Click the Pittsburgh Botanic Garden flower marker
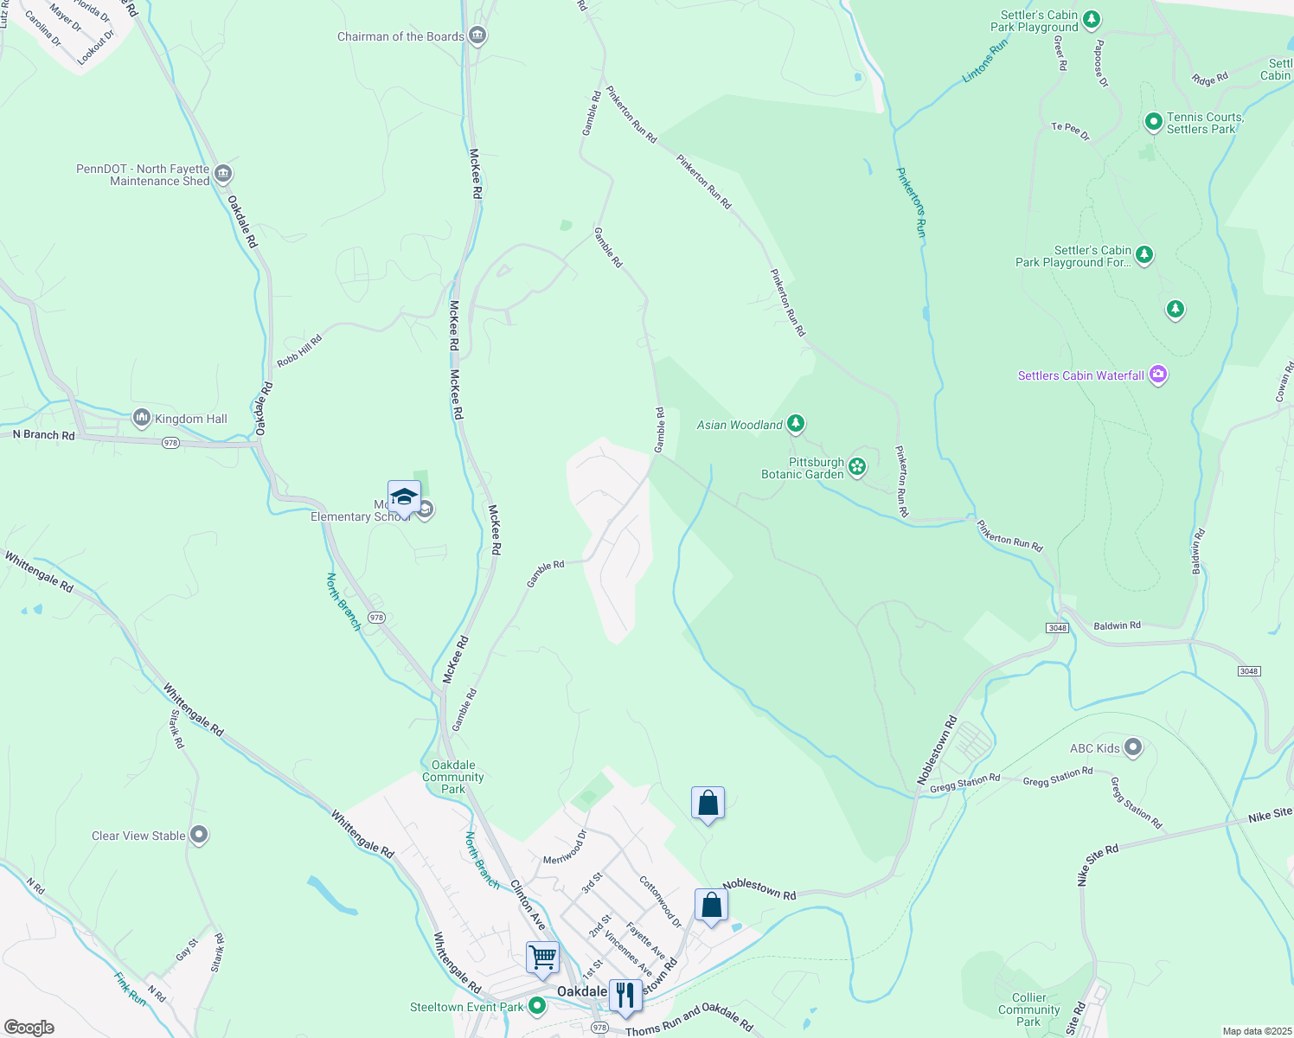pos(857,467)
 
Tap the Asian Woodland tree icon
pos(796,424)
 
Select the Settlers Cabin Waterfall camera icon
pos(1158,375)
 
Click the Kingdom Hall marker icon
pos(141,418)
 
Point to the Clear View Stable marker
pos(199,835)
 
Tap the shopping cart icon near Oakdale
pos(542,958)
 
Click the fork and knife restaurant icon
pos(625,995)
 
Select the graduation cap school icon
pos(404,497)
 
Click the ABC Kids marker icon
pos(1133,747)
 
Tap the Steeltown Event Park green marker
pos(537,1006)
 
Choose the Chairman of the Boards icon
pos(477,35)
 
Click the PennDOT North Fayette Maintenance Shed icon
pos(222,174)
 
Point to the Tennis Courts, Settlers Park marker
pos(1153,122)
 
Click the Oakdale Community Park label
pos(453,777)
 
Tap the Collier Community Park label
pos(1028,1009)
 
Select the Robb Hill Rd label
pos(299,349)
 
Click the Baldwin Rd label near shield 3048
pos(1117,625)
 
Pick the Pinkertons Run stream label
pos(912,202)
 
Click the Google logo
pos(29,1027)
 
